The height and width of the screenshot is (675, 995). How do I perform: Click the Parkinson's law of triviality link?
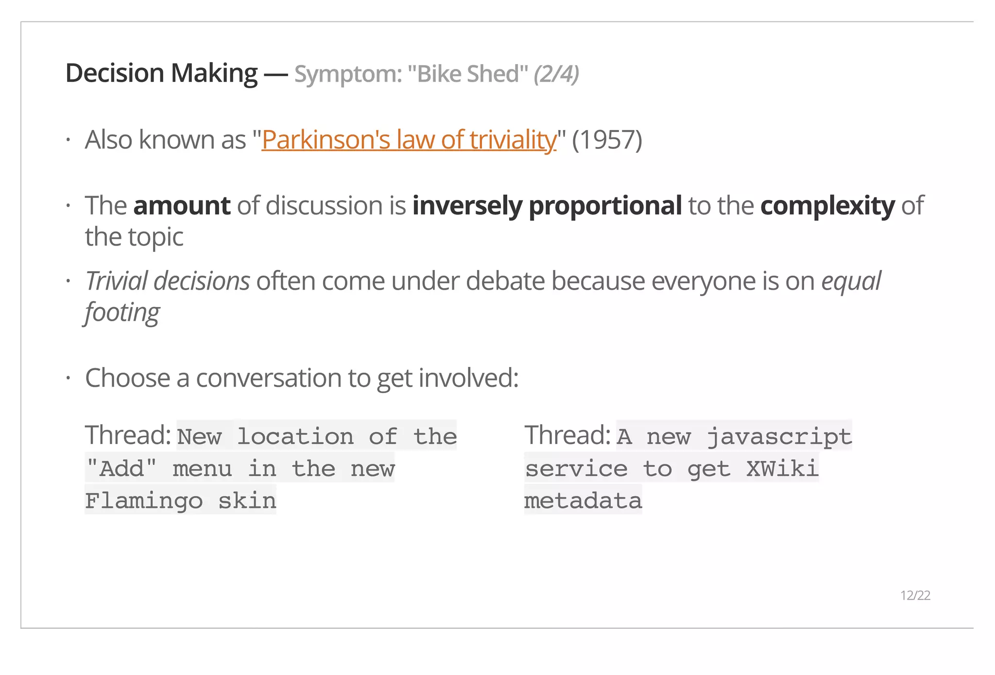coord(409,140)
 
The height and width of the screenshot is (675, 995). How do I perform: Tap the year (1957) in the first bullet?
coord(607,140)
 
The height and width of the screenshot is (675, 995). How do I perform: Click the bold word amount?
coord(182,205)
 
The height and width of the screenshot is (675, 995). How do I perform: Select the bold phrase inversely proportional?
coord(547,205)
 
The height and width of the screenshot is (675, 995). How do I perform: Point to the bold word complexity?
coord(827,205)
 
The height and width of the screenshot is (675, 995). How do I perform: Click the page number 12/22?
coord(915,595)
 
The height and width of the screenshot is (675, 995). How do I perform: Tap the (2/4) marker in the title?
coord(556,74)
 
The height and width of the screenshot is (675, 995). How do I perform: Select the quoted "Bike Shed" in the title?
coord(468,74)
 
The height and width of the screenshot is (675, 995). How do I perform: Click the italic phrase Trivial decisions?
coord(168,281)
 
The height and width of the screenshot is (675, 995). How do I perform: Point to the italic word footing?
coord(122,313)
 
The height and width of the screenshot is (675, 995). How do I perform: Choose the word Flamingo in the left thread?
coord(144,501)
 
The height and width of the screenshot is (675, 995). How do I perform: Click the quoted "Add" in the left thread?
coord(121,469)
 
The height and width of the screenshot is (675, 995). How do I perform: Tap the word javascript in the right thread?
coord(779,437)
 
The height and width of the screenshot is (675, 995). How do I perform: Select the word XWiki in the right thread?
coord(782,469)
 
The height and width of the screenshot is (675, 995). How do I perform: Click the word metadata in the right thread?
coord(583,501)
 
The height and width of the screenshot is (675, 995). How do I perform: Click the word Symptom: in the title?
coord(348,74)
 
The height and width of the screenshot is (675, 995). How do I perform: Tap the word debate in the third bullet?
coord(505,281)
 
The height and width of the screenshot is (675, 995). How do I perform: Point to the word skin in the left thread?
coord(247,501)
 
